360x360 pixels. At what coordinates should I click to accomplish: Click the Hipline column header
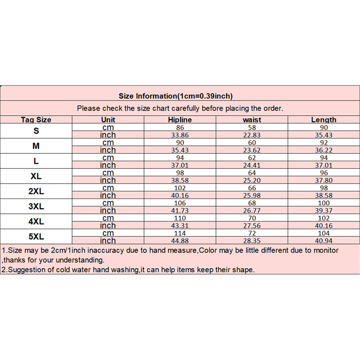[x=180, y=120]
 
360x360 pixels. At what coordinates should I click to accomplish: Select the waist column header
[x=252, y=120]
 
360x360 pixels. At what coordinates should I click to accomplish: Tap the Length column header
[x=324, y=120]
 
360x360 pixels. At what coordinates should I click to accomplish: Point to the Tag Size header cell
[x=36, y=120]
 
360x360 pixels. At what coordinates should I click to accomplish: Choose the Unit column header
[x=108, y=120]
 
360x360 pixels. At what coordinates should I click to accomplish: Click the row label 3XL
[x=36, y=207]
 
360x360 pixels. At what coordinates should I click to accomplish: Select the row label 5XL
[x=36, y=237]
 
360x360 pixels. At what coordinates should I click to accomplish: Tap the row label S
[x=36, y=131]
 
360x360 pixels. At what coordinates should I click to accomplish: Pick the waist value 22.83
[x=252, y=135]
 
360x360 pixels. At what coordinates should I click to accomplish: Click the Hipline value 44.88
[x=180, y=241]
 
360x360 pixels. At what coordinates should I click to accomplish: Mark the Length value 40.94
[x=324, y=241]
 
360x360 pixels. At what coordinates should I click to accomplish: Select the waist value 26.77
[x=252, y=211]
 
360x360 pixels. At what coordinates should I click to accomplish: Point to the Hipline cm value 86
[x=180, y=127]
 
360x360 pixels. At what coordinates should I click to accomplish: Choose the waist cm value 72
[x=252, y=233]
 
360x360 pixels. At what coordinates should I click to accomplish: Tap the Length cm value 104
[x=324, y=233]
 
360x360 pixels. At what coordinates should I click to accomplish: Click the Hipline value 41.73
[x=180, y=211]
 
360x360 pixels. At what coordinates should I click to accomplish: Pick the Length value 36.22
[x=324, y=150]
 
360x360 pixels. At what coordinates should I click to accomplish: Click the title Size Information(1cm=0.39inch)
[x=175, y=96]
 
